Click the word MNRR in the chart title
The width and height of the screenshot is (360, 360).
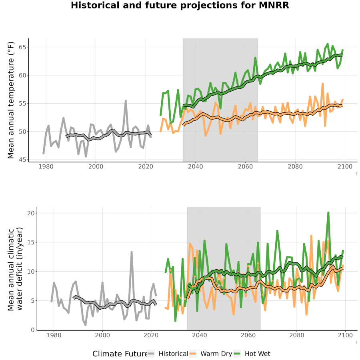274,5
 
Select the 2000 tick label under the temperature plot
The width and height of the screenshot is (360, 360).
96,166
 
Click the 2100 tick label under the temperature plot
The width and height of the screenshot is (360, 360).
345,166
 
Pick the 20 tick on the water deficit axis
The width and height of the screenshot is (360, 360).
31,213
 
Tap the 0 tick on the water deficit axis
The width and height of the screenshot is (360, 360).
33,330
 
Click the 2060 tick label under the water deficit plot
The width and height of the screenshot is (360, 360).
248,335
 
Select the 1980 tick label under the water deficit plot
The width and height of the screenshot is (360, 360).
54,335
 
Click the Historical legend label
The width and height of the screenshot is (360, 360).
173,354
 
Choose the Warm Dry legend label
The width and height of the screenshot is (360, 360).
216,354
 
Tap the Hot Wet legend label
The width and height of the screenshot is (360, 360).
258,354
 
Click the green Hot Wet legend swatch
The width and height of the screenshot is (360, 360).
237,354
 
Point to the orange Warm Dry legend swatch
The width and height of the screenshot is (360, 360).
193,354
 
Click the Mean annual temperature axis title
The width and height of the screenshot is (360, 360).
11,100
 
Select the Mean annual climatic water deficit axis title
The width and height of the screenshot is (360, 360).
15,269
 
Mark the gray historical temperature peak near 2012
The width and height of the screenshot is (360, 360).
126,101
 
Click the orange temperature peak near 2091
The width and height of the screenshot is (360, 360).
322,84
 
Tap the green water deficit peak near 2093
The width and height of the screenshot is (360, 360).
328,213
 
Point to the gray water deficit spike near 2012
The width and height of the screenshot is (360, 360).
132,252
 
